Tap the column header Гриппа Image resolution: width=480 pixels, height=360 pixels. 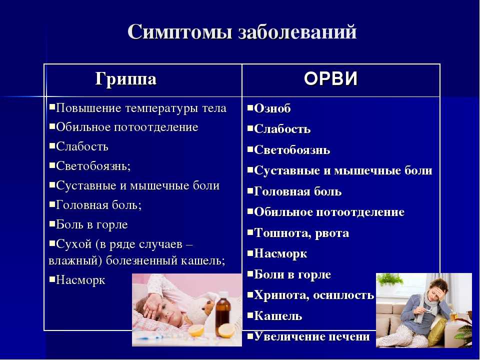(x=126, y=79)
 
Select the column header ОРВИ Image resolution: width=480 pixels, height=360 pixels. (x=331, y=78)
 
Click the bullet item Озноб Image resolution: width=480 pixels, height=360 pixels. (x=272, y=108)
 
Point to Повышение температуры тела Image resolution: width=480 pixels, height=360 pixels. (x=141, y=108)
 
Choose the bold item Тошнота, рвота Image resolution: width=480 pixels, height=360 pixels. (x=301, y=233)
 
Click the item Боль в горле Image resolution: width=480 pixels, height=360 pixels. (x=92, y=224)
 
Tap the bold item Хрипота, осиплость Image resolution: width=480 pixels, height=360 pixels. (x=314, y=295)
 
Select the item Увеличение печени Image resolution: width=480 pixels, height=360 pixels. (x=312, y=336)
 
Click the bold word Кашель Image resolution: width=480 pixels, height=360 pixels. (x=278, y=315)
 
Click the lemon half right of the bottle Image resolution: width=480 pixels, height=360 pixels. (x=227, y=330)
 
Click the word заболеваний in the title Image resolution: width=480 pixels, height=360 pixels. (x=297, y=31)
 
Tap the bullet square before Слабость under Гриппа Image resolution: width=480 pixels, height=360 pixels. (x=52, y=145)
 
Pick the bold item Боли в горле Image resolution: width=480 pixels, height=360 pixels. (x=292, y=274)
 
